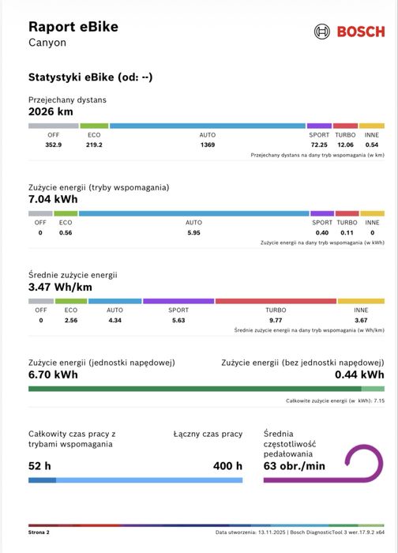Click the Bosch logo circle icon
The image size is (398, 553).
click(x=322, y=32)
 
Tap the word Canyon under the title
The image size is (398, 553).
click(x=47, y=43)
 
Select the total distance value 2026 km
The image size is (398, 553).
click(x=51, y=112)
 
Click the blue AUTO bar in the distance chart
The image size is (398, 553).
click(x=208, y=126)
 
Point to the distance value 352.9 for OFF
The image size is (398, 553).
click(x=54, y=145)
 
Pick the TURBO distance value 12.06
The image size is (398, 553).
click(x=345, y=145)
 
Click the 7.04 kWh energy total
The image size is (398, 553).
click(x=53, y=199)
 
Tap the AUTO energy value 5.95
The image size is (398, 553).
click(x=194, y=233)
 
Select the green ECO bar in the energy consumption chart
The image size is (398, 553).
click(x=66, y=213)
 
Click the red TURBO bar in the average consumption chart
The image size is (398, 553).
click(x=276, y=301)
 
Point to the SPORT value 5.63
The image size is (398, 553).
click(x=178, y=320)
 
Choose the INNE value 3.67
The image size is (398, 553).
click(x=361, y=320)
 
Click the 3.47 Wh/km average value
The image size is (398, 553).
click(x=60, y=287)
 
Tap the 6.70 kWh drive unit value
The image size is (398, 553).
click(x=53, y=374)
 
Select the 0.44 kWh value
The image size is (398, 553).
click(x=359, y=374)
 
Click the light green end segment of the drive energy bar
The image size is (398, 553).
click(x=373, y=389)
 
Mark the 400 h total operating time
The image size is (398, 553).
click(x=227, y=466)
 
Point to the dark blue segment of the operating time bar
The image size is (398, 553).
click(x=43, y=480)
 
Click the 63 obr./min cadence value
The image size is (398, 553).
click(x=295, y=466)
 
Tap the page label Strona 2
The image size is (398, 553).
click(x=39, y=532)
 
